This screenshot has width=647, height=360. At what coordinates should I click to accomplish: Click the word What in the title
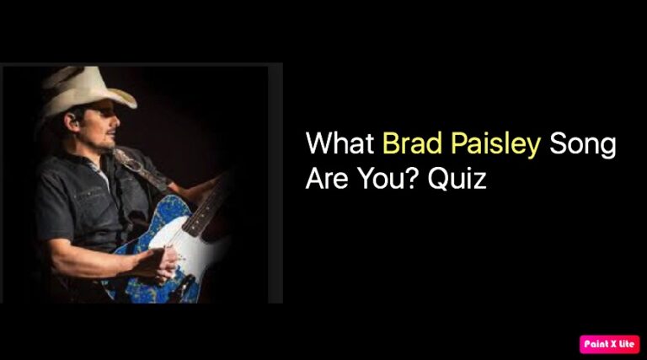[340, 143]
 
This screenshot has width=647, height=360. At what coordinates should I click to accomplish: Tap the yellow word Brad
[412, 143]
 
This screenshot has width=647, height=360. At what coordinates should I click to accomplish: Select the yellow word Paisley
[495, 145]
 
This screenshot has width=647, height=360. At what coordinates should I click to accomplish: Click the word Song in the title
[583, 145]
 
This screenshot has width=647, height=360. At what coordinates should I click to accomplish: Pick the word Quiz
[457, 180]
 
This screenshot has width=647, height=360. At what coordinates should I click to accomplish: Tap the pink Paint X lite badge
[609, 344]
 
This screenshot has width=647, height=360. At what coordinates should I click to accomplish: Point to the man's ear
[72, 120]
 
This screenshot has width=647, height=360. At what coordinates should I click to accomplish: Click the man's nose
[116, 120]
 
